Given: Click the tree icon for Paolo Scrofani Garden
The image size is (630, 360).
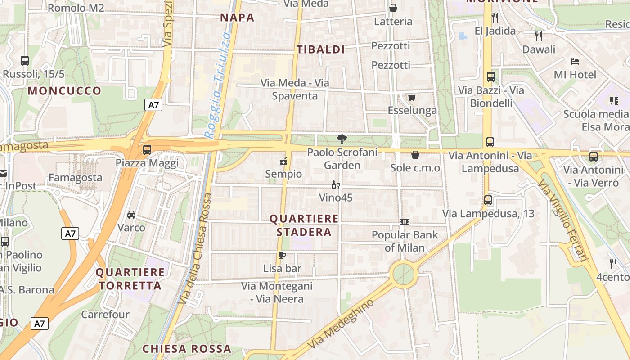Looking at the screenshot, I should (342, 139).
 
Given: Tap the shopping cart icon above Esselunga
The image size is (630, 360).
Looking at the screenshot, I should (412, 97).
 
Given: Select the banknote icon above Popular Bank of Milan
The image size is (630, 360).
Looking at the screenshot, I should (405, 222).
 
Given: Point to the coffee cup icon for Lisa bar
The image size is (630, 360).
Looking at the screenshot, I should (282, 256).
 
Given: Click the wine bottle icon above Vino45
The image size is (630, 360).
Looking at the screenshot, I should (335, 185).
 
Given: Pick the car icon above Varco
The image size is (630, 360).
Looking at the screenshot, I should (131, 214).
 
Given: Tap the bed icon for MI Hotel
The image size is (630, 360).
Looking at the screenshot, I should (575, 62).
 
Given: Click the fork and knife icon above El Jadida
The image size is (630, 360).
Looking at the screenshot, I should (495, 18).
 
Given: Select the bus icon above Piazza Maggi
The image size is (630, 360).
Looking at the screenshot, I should (147, 150).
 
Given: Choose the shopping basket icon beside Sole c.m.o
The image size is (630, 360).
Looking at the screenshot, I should (415, 155).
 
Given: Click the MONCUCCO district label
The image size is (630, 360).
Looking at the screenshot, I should (65, 91).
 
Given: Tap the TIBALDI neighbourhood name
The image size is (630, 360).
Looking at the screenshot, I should (321, 49).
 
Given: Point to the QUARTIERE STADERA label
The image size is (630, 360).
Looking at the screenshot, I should (304, 225).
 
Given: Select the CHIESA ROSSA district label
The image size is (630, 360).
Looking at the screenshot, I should (187, 349).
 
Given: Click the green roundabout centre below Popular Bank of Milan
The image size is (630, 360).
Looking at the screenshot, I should (403, 273).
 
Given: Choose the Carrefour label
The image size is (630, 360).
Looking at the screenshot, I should (105, 314).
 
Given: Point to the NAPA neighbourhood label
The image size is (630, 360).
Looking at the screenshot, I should (237, 18).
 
